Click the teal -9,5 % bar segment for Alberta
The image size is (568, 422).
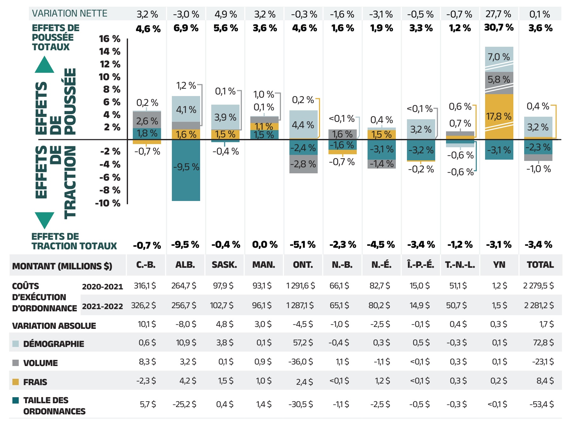click(186, 170)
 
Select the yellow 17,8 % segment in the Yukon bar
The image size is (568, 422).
click(499, 116)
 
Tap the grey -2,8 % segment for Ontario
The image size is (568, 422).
click(303, 164)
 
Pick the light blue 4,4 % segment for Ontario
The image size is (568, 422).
click(303, 124)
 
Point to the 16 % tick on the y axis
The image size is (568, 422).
click(110, 39)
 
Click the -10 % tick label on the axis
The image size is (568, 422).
click(108, 203)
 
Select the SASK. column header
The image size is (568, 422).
click(224, 265)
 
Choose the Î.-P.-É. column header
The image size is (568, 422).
click(421, 265)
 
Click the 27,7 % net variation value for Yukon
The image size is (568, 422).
click(498, 14)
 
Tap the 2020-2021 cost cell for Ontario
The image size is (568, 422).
click(301, 286)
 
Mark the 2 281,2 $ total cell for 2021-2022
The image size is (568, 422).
click(539, 305)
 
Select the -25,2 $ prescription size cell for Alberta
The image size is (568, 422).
click(184, 404)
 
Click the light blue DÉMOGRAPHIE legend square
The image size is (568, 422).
click(16, 344)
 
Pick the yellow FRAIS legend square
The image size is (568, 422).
click(16, 382)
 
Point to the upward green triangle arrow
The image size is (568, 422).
click(44, 66)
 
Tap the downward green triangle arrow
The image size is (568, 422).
click(44, 219)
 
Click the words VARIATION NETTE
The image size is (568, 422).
click(70, 13)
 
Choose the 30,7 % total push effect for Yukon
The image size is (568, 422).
click(499, 28)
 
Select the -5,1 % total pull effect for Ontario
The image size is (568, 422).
click(302, 245)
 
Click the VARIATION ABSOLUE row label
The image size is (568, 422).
click(54, 326)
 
